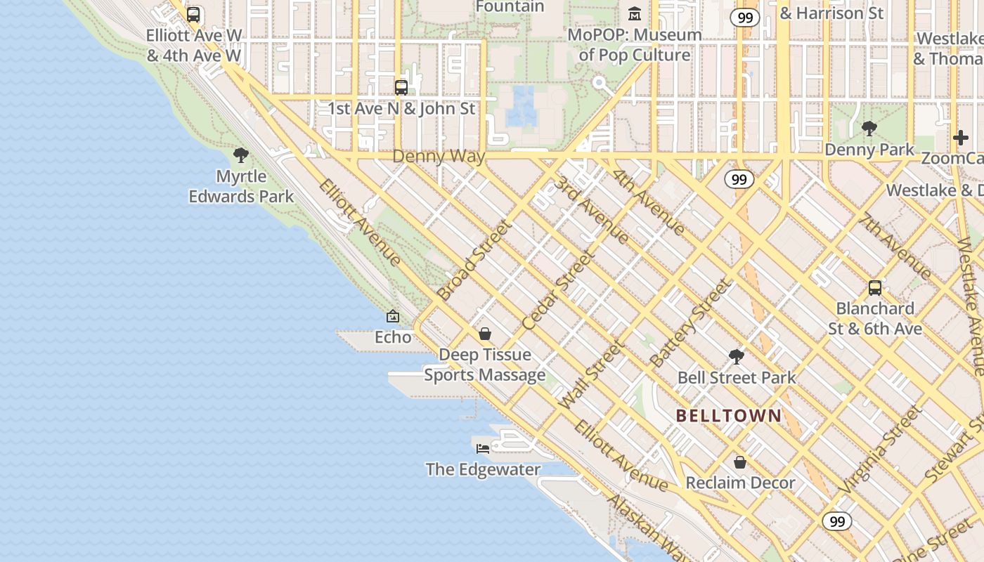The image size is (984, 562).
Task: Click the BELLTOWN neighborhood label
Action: pyautogui.click(x=729, y=415)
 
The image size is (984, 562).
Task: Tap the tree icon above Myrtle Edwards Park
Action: pyautogui.click(x=241, y=155)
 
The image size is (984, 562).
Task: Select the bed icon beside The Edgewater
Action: pyautogui.click(x=483, y=448)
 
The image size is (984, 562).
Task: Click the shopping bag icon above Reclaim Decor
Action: pyautogui.click(x=739, y=462)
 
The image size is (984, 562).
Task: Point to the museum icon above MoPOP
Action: pyautogui.click(x=635, y=14)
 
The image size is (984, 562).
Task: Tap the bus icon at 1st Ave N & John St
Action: pyautogui.click(x=401, y=88)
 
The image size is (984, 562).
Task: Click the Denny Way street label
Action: pyautogui.click(x=439, y=156)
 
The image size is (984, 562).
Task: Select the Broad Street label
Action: pyautogui.click(x=474, y=260)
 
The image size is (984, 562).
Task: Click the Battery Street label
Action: pyautogui.click(x=691, y=323)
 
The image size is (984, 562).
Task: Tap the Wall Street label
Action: pyautogui.click(x=591, y=375)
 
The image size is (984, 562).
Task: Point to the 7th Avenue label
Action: pyautogui.click(x=897, y=245)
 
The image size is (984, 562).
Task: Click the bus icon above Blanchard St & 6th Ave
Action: pyautogui.click(x=875, y=287)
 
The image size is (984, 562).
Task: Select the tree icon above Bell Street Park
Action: pyautogui.click(x=736, y=357)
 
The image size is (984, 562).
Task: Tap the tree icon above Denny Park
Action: pyautogui.click(x=869, y=129)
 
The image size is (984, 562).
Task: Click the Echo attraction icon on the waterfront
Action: pyautogui.click(x=393, y=317)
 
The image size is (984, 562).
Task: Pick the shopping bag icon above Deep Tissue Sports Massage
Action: pyautogui.click(x=484, y=334)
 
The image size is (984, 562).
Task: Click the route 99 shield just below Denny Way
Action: pyautogui.click(x=739, y=179)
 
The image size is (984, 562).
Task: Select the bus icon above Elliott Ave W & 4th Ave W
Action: pyautogui.click(x=193, y=15)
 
